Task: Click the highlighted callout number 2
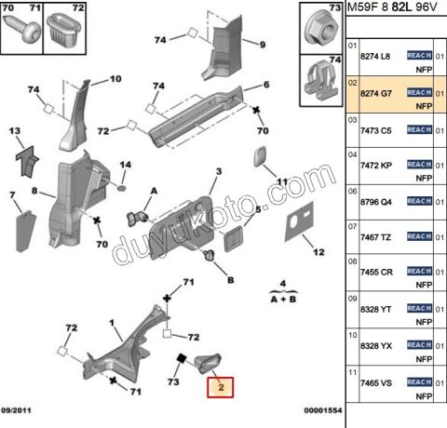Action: pos(221,387)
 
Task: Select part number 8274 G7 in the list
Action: pos(376,93)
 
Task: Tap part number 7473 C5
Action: pos(376,130)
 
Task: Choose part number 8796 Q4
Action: pos(376,202)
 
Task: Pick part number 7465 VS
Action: pos(376,383)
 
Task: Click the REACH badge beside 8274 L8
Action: pos(419,55)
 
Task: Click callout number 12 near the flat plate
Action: pos(318,252)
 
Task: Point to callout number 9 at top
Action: pos(263,45)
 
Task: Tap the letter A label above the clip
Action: pos(154,191)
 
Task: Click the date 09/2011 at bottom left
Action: pos(16,410)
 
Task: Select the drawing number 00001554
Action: pos(323,410)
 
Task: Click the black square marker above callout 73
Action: pos(181,358)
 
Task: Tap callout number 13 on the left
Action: pos(15,131)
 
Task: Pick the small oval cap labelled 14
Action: pos(122,188)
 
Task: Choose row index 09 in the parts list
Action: pos(352,299)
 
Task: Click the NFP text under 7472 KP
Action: pos(424,178)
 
